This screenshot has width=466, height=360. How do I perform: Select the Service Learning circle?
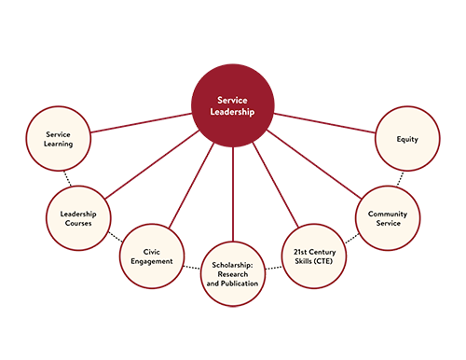point(57,139)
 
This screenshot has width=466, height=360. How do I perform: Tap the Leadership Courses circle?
point(78,217)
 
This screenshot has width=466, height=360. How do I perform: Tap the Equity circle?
point(407,139)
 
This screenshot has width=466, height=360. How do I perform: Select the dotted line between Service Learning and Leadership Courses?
point(66,176)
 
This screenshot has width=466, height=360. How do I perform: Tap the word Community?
point(387,212)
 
